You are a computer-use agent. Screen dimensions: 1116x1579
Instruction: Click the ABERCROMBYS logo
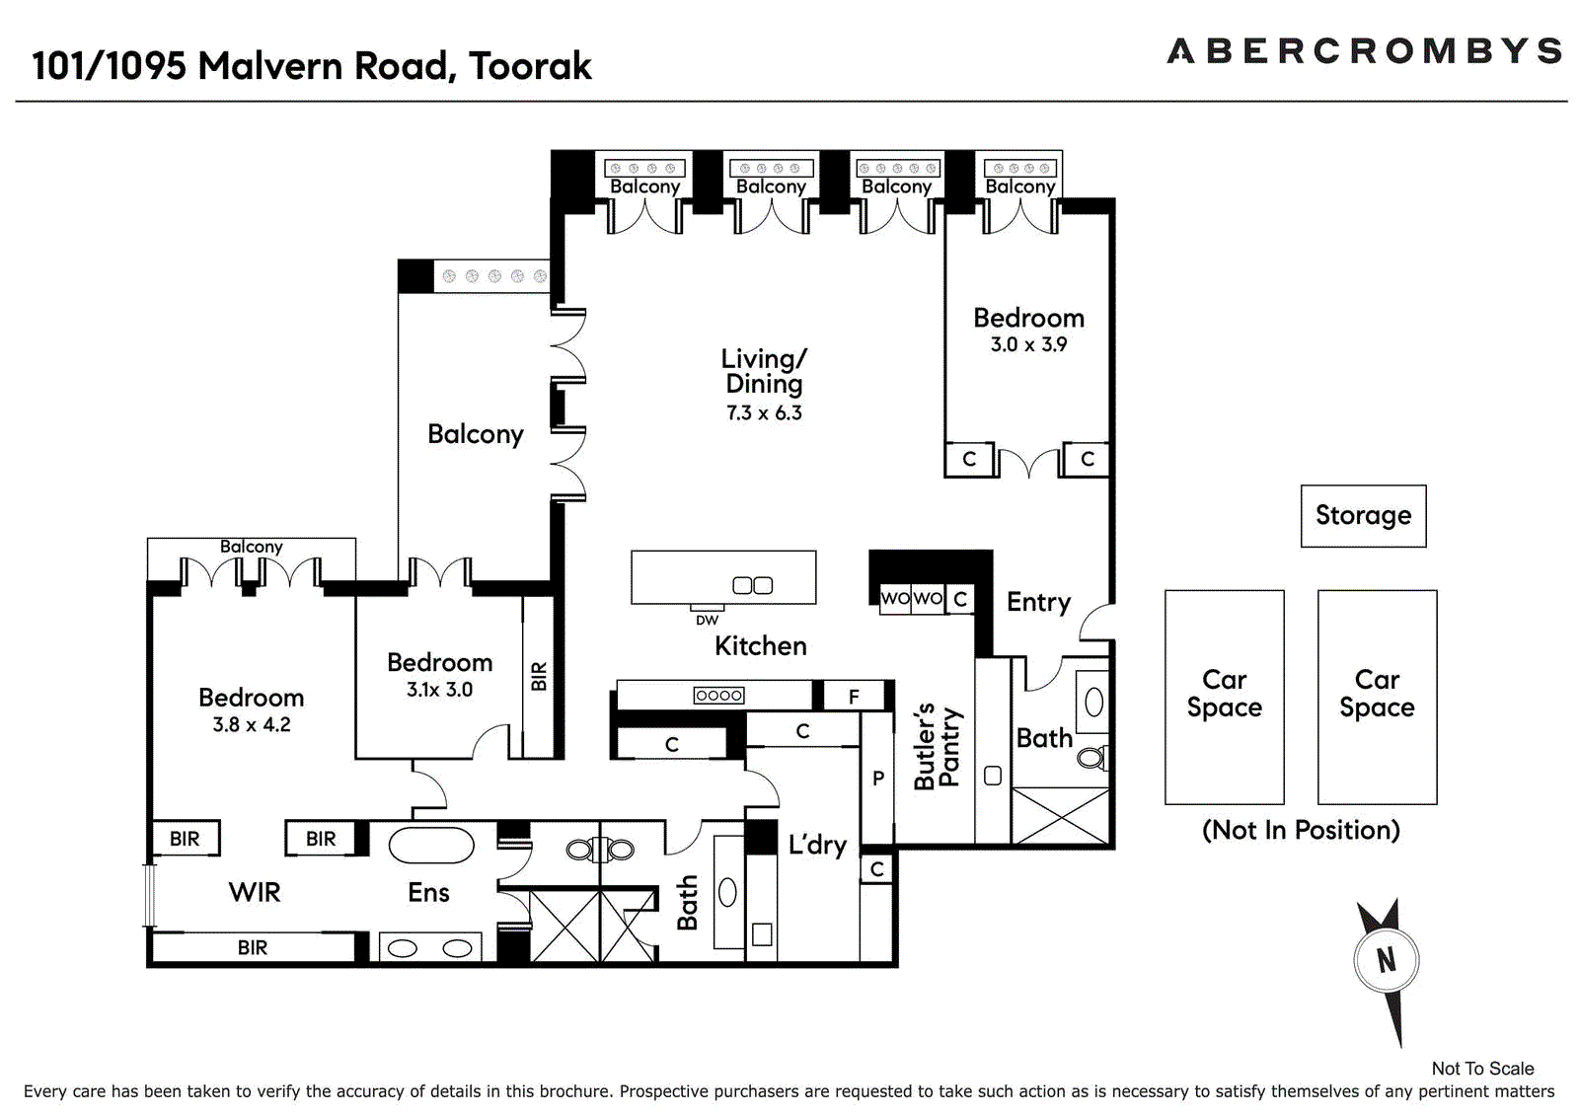pyautogui.click(x=1364, y=51)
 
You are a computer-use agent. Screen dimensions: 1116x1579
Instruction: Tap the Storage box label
pyautogui.click(x=1363, y=515)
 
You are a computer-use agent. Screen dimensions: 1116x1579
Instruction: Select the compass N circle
pyautogui.click(x=1386, y=959)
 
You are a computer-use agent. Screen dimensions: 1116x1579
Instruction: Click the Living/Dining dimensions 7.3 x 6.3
pyautogui.click(x=764, y=413)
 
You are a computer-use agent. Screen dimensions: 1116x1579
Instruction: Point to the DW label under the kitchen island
pyautogui.click(x=707, y=620)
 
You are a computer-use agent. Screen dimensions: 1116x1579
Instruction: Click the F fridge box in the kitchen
pyautogui.click(x=854, y=697)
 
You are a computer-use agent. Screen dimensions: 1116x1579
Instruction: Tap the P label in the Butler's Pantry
pyautogui.click(x=877, y=779)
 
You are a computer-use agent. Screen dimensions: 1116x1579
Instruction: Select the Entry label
pyautogui.click(x=1038, y=602)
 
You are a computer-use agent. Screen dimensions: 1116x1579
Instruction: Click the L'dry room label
pyautogui.click(x=817, y=845)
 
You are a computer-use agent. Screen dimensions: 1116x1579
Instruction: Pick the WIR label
pyautogui.click(x=255, y=892)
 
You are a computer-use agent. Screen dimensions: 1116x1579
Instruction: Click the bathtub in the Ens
pyautogui.click(x=431, y=846)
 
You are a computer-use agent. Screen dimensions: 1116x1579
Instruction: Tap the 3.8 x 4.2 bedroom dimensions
pyautogui.click(x=252, y=724)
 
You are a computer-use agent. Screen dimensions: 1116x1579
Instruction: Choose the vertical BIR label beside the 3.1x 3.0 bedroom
pyautogui.click(x=538, y=676)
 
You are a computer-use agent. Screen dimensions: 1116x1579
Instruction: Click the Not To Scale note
pyautogui.click(x=1482, y=1068)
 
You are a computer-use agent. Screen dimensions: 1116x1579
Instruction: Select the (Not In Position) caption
pyautogui.click(x=1301, y=830)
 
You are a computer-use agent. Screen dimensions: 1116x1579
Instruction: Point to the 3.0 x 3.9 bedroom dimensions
pyautogui.click(x=1028, y=344)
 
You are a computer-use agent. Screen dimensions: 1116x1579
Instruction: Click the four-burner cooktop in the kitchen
pyautogui.click(x=718, y=695)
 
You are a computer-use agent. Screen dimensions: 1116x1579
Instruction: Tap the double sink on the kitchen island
pyautogui.click(x=752, y=585)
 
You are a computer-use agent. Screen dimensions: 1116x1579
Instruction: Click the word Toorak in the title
pyautogui.click(x=530, y=66)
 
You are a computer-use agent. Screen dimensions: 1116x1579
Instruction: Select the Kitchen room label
pyautogui.click(x=760, y=645)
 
